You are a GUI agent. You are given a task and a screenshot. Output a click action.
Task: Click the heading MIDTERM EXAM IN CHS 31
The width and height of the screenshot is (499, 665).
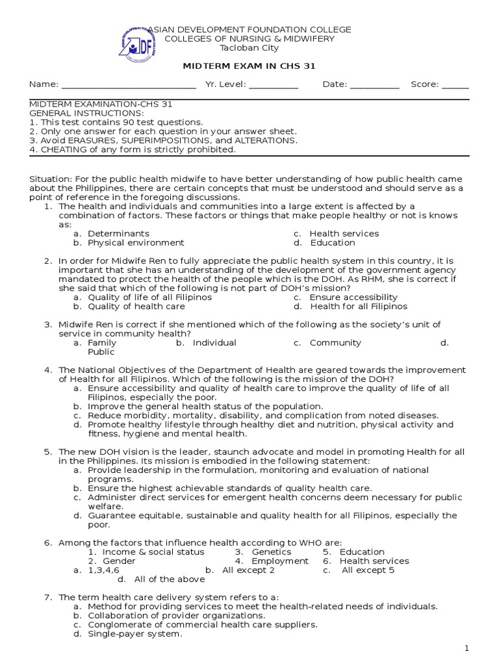tap(249, 66)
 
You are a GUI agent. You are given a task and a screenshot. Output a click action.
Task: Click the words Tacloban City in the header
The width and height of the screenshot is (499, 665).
tap(249, 48)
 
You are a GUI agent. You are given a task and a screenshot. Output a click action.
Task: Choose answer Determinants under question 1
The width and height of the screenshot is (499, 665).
tap(118, 234)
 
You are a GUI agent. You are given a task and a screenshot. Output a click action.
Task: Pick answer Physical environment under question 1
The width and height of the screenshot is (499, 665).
tap(136, 243)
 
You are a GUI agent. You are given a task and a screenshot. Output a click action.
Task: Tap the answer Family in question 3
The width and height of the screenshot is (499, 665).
tap(102, 343)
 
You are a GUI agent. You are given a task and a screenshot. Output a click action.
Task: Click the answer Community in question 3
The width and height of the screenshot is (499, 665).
tap(335, 343)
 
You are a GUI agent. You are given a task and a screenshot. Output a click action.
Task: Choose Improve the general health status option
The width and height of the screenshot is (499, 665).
tap(205, 407)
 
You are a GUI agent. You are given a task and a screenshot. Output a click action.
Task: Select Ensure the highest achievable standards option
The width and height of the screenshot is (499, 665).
tap(229, 488)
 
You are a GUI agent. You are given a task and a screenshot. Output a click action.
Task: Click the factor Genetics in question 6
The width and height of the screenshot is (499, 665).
tap(271, 552)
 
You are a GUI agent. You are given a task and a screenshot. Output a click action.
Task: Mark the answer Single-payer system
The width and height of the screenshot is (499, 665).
tap(134, 634)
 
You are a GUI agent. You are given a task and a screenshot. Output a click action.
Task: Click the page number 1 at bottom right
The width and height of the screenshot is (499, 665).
tap(466, 649)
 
